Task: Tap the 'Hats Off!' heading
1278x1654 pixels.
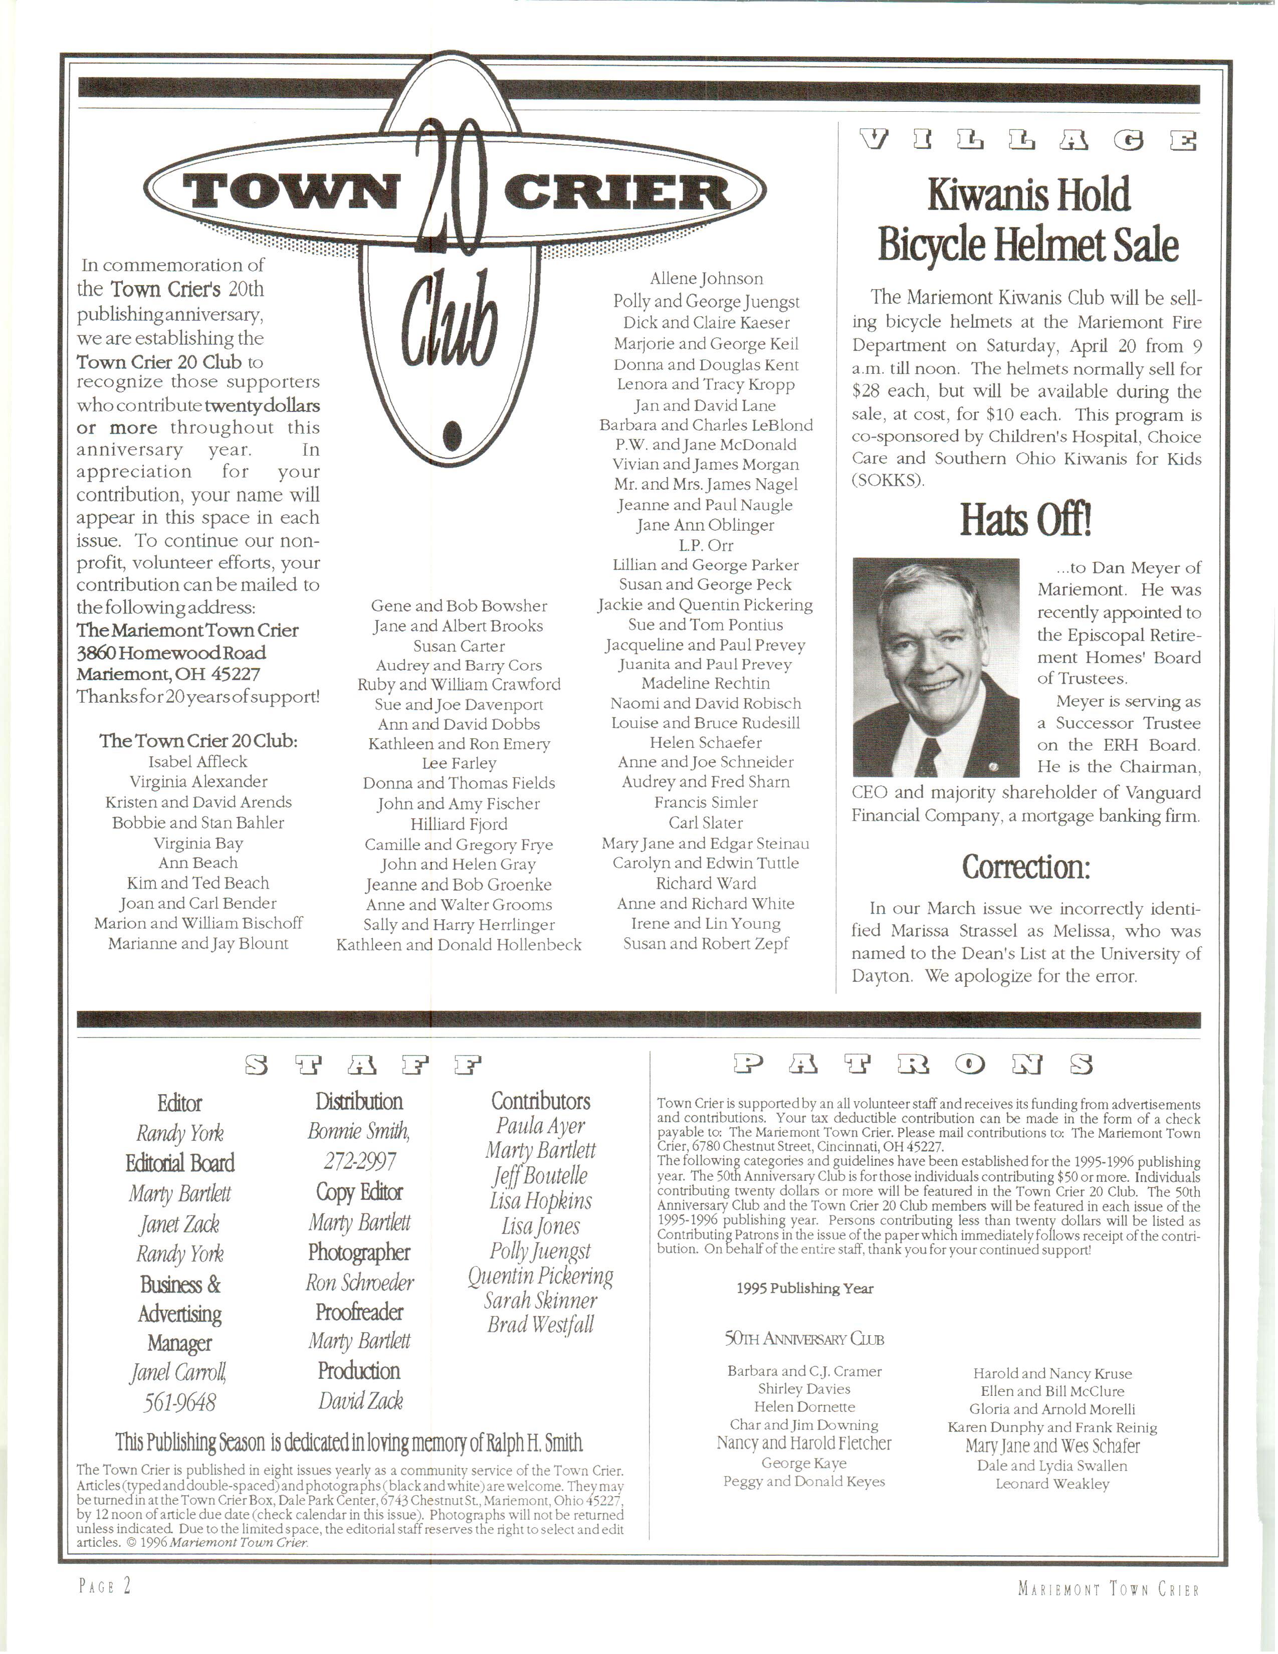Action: (x=1026, y=520)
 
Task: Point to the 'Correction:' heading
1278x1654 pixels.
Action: (x=1026, y=867)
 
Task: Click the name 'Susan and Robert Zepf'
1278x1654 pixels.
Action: (x=706, y=944)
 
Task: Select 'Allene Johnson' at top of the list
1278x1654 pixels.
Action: (x=706, y=279)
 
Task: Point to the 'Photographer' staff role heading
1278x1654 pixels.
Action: (x=359, y=1253)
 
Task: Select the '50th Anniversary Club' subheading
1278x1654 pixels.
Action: (x=804, y=1339)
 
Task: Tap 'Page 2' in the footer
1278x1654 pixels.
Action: (x=105, y=1586)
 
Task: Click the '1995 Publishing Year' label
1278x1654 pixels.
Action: (x=805, y=1288)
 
